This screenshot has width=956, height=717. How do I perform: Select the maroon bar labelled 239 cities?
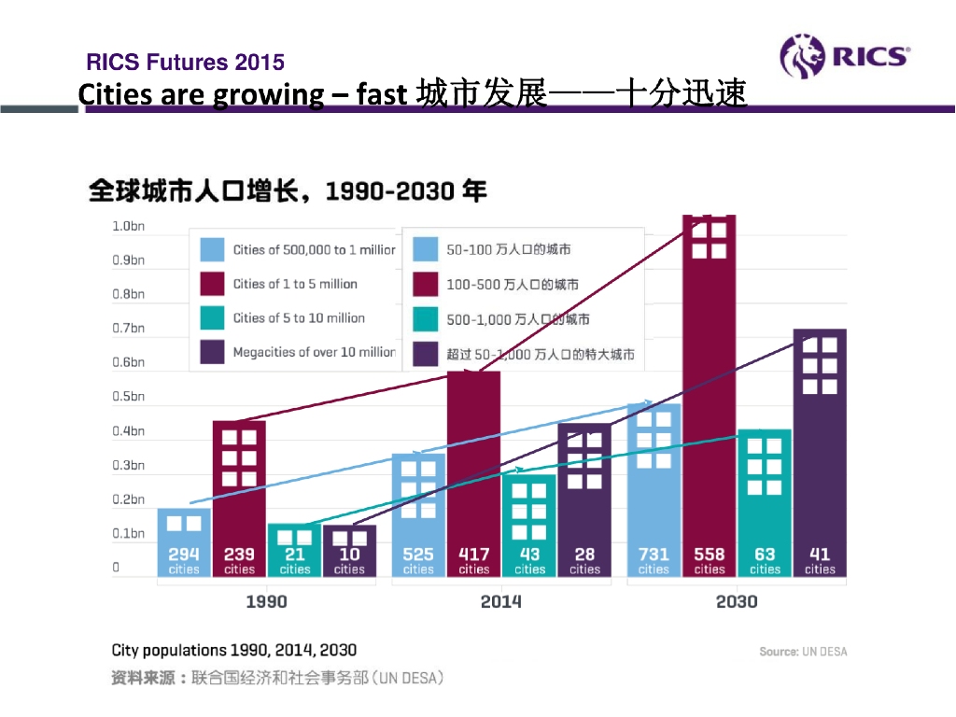[239, 495]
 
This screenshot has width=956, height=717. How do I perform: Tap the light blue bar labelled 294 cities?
[184, 541]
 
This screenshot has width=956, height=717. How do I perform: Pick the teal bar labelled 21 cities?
[294, 549]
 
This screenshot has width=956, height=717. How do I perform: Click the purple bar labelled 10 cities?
[349, 550]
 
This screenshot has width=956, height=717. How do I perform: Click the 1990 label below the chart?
[266, 602]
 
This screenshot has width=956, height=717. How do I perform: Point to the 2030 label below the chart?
[737, 602]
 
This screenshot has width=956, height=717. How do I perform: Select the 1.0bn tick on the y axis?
[128, 226]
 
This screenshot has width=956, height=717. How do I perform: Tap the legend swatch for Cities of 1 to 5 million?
[213, 284]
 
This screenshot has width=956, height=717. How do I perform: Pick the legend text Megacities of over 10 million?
[314, 352]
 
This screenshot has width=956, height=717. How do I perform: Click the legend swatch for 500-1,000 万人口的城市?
[426, 319]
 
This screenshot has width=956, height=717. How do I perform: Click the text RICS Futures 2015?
[185, 63]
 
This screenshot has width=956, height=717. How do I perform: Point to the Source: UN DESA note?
[803, 652]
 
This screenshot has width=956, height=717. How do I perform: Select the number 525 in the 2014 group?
[418, 555]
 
